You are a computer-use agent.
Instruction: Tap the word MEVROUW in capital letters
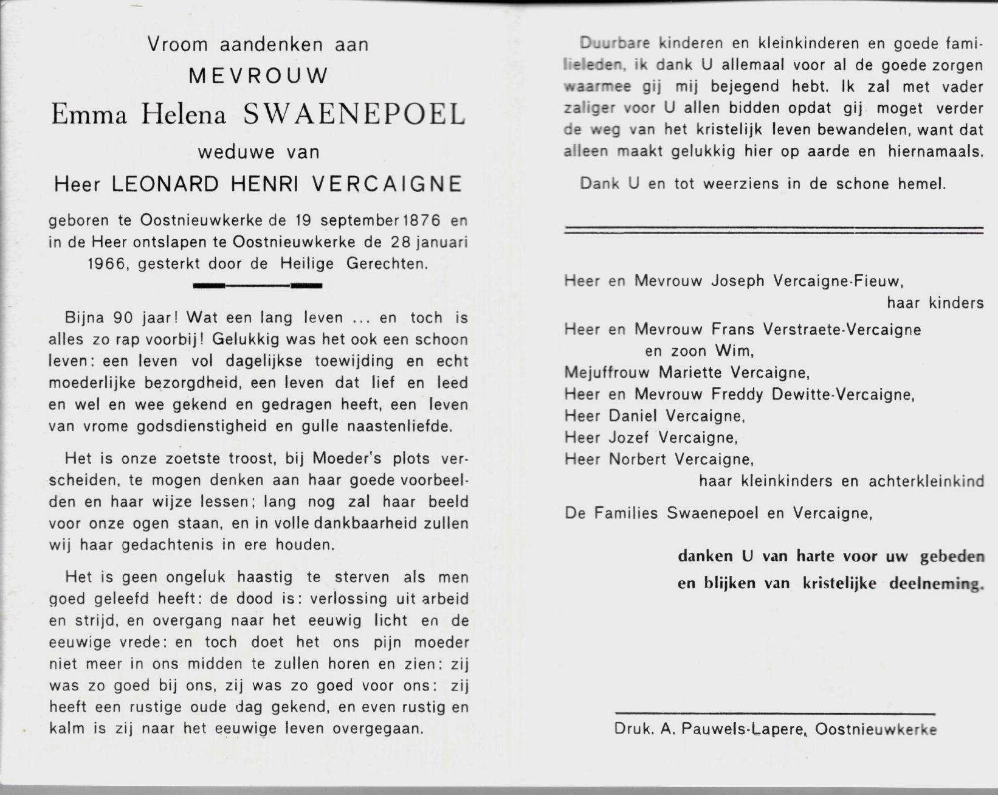tap(258, 76)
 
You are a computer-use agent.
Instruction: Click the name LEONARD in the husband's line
tap(164, 184)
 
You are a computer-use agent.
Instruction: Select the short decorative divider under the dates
tap(257, 285)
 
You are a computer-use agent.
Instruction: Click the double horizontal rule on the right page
tap(773, 230)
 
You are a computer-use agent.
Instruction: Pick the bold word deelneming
tap(936, 583)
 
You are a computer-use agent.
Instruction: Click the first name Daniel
tap(633, 416)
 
